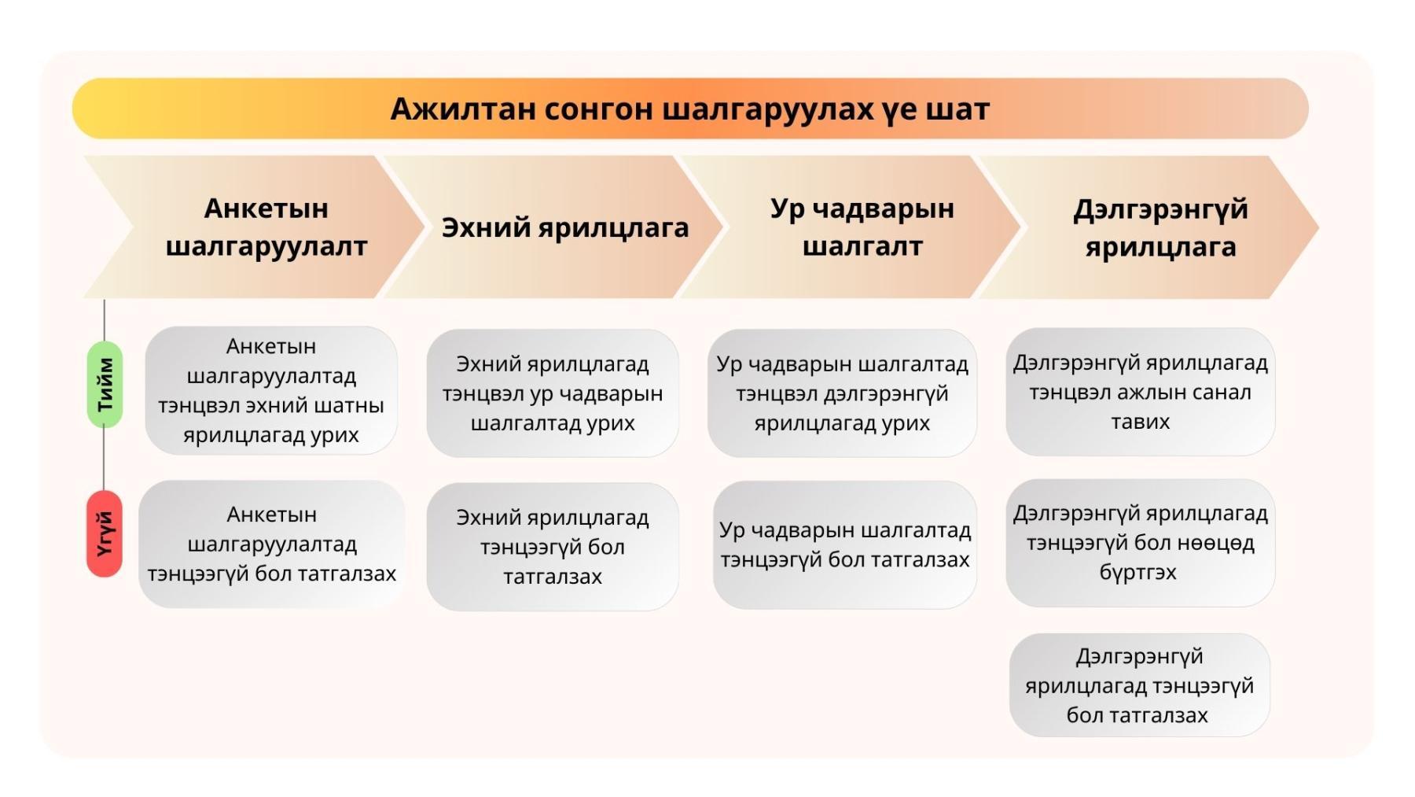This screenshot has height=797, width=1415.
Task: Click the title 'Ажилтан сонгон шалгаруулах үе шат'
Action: [x=689, y=109]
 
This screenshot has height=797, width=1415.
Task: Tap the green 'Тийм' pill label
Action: [x=105, y=385]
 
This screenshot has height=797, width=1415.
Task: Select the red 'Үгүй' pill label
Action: [x=105, y=534]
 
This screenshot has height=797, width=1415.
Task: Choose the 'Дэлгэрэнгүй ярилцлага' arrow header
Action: [x=1149, y=227]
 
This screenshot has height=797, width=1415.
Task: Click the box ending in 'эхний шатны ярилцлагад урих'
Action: [x=271, y=390]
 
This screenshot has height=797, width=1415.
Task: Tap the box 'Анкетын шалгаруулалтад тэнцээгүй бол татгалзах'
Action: [x=271, y=544]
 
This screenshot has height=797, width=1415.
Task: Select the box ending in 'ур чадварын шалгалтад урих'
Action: [x=553, y=393]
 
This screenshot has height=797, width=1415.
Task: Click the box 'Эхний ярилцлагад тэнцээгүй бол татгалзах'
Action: [x=553, y=547]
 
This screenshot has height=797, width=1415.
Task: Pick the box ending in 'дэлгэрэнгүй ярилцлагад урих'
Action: [x=842, y=393]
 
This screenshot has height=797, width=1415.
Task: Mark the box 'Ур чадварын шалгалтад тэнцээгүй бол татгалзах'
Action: [x=845, y=544]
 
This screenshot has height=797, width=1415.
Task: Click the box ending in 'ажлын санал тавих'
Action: [x=1141, y=391]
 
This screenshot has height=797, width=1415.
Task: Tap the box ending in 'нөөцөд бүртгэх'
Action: [x=1141, y=543]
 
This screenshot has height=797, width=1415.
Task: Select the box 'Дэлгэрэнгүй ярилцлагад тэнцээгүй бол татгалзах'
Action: [x=1140, y=685]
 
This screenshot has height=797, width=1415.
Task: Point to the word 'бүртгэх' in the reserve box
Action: [x=1138, y=572]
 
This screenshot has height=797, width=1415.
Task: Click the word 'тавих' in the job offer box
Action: [x=1141, y=422]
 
